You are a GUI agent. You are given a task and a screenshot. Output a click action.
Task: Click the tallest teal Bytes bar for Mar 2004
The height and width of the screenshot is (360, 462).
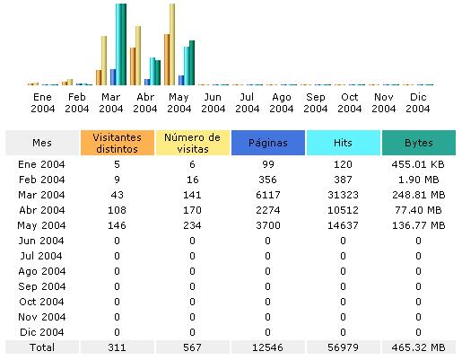tap(121, 44)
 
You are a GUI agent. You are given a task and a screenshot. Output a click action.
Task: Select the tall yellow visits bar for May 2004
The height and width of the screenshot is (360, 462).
tap(172, 44)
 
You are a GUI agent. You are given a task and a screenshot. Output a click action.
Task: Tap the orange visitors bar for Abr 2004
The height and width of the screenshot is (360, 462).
tap(133, 66)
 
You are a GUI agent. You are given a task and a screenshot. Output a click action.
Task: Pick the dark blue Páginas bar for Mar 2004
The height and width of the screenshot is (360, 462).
tap(113, 77)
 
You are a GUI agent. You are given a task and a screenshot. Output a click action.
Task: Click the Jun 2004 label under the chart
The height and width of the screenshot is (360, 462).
tap(213, 102)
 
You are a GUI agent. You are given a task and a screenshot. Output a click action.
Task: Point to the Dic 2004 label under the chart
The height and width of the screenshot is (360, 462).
tap(418, 102)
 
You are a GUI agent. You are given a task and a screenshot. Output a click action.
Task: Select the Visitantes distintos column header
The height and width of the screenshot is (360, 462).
tap(118, 143)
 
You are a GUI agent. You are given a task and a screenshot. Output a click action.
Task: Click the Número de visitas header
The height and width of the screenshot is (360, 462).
tap(193, 143)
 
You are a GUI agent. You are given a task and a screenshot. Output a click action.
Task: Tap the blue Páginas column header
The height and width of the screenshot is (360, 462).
tap(268, 143)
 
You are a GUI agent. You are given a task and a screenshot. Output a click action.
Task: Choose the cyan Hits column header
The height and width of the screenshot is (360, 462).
tap(344, 143)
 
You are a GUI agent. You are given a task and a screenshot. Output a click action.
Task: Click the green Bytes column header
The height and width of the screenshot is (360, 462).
tap(419, 143)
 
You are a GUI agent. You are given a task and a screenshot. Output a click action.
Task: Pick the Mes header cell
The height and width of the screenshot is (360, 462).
tap(42, 143)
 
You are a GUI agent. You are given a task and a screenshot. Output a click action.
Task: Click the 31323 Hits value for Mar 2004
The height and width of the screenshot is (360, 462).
tap(343, 195)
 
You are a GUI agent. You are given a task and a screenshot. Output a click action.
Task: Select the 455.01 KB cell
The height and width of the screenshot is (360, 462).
tap(418, 164)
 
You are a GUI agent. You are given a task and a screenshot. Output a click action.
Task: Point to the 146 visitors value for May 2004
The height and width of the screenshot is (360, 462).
tap(117, 225)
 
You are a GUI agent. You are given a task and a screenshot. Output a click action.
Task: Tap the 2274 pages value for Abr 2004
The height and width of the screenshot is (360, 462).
tap(268, 210)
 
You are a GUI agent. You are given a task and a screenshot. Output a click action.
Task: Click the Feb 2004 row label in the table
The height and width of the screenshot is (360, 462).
tap(42, 180)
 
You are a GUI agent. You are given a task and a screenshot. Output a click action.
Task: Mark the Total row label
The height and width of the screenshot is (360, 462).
tap(42, 347)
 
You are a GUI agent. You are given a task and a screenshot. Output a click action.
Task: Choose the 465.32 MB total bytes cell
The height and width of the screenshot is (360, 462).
tap(418, 347)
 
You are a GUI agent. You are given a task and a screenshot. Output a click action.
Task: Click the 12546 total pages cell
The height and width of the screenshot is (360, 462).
tap(267, 347)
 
